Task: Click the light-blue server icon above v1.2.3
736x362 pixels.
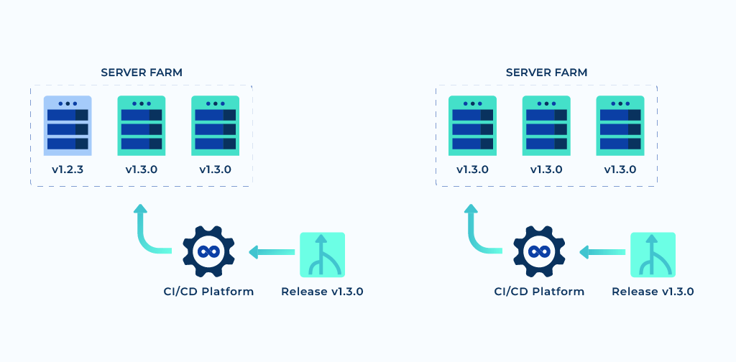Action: [x=68, y=126]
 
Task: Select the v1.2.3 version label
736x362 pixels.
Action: [x=68, y=170]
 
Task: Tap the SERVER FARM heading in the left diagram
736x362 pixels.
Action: [x=142, y=73]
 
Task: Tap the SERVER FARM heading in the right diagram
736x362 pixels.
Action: [x=546, y=73]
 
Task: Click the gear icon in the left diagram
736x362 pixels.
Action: [x=208, y=251]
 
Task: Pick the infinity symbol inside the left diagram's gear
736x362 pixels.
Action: [x=208, y=251]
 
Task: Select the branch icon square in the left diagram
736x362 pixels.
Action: [x=322, y=255]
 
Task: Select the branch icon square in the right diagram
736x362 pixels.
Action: [x=653, y=255]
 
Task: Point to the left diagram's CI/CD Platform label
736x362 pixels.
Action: [x=208, y=292]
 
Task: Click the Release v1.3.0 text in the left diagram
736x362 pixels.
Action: [x=322, y=292]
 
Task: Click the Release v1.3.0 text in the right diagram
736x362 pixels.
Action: [x=653, y=292]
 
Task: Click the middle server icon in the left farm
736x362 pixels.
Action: [x=142, y=126]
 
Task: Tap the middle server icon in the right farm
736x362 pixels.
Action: [x=546, y=126]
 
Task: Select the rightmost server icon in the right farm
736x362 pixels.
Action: [x=620, y=126]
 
